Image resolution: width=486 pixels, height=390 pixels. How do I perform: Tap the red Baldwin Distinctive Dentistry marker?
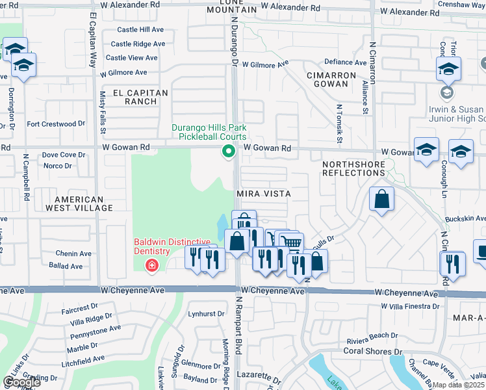tap(151, 265)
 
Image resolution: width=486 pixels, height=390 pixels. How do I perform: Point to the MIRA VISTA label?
tap(263, 194)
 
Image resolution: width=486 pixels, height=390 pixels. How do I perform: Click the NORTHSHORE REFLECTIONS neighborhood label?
tap(353, 168)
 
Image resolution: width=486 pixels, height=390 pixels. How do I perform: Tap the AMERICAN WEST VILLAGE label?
tap(83, 203)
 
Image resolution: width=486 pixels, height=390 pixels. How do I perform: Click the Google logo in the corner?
tap(21, 382)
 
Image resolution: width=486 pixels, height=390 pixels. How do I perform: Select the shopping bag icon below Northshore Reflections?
tap(382, 199)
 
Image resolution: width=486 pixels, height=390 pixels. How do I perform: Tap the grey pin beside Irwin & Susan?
tap(446, 92)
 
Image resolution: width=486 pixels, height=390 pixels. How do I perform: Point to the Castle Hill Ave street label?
tap(141, 30)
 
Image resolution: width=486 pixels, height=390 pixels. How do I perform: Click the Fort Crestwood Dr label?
tap(56, 123)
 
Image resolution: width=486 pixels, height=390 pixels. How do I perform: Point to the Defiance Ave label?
tap(346, 62)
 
